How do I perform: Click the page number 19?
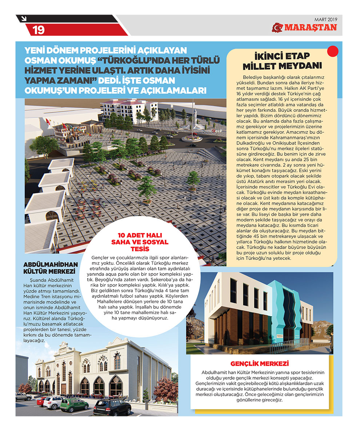(x=39, y=30)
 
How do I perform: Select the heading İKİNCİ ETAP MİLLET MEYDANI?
(x=282, y=62)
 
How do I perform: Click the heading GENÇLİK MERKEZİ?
(x=260, y=364)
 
